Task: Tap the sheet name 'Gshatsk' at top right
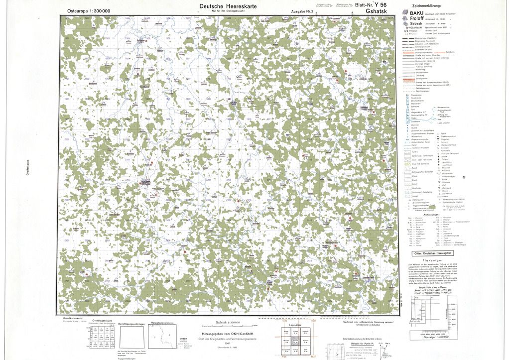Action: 375,11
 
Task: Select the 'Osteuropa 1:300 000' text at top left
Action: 88,11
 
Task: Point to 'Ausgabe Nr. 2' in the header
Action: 302,11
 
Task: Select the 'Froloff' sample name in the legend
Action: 417,18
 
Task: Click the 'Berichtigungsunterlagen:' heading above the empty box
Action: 132,324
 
